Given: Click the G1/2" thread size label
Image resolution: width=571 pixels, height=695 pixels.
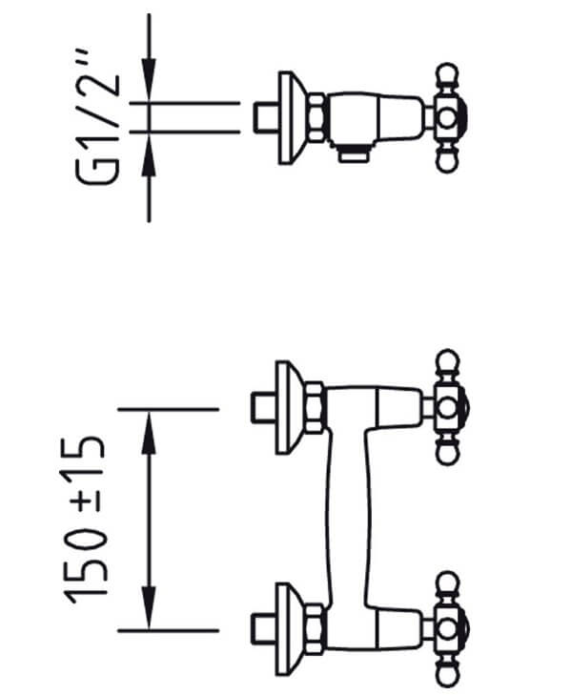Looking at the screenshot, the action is click(97, 117).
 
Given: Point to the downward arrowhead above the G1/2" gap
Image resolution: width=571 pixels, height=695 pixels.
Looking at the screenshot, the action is click(149, 80).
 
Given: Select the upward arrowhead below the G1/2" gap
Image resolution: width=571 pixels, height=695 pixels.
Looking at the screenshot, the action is click(149, 155).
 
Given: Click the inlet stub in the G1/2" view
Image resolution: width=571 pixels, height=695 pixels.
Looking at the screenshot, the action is click(266, 117).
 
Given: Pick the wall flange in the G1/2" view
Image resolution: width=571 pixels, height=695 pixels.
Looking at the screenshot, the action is click(293, 117).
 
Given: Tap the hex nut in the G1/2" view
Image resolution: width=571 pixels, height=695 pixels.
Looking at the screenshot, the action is click(317, 117).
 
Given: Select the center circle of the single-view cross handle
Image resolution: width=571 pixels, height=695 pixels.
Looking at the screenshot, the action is click(447, 117).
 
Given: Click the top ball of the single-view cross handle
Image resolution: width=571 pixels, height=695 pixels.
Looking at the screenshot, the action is click(447, 74).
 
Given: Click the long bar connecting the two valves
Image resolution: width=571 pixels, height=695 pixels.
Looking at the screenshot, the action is click(348, 519).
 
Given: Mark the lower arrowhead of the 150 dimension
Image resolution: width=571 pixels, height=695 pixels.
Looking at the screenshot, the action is click(149, 607).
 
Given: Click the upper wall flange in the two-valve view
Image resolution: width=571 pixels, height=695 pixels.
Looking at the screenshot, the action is click(291, 408).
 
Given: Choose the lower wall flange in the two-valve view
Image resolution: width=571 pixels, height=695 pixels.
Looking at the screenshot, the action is click(291, 629).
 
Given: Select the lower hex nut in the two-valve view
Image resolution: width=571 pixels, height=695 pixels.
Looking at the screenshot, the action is click(315, 629).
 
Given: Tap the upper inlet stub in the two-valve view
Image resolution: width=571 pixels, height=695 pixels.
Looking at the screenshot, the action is click(264, 408).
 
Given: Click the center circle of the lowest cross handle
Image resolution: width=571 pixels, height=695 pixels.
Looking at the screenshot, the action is click(447, 629).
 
